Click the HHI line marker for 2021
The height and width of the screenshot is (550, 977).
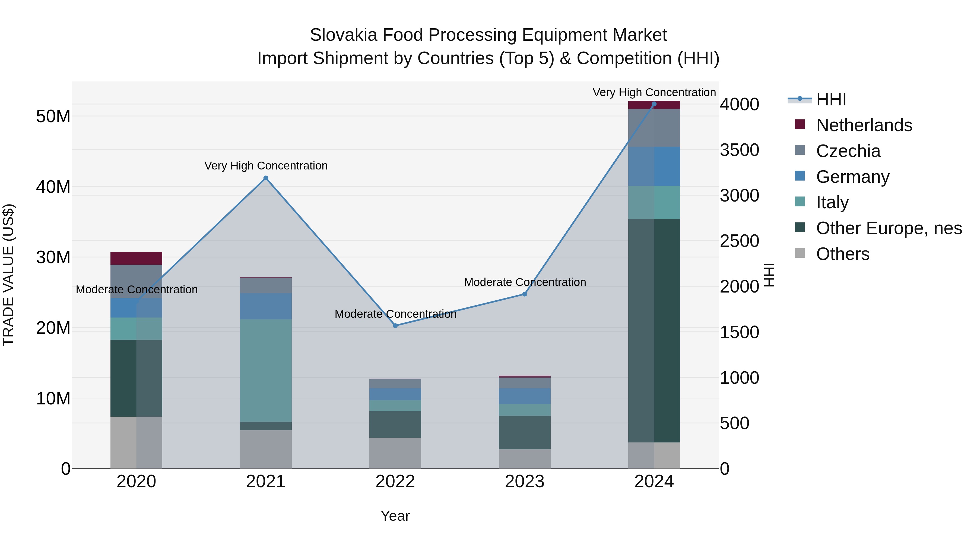[x=266, y=178]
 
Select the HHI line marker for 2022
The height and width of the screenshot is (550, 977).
[x=395, y=326]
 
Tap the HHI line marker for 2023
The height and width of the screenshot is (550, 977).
[x=525, y=294]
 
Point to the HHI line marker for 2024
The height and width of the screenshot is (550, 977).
[x=654, y=104]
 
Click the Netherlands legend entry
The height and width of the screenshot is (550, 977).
[x=864, y=125]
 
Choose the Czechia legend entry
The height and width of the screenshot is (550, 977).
[x=848, y=151]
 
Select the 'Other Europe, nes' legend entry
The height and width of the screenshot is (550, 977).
[x=889, y=228]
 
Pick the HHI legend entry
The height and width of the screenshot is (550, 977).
[x=831, y=99]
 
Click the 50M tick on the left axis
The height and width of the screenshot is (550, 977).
[x=53, y=116]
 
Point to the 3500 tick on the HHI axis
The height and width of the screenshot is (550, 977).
[x=739, y=150]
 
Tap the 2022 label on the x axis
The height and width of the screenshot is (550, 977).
[x=395, y=482]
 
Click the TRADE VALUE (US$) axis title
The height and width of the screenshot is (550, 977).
[x=9, y=275]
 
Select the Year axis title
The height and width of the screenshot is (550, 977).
[x=395, y=516]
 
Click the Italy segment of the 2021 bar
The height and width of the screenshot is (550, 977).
[x=266, y=370]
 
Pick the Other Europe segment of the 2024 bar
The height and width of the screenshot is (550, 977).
[x=654, y=330]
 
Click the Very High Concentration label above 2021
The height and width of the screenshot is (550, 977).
[x=266, y=166]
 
